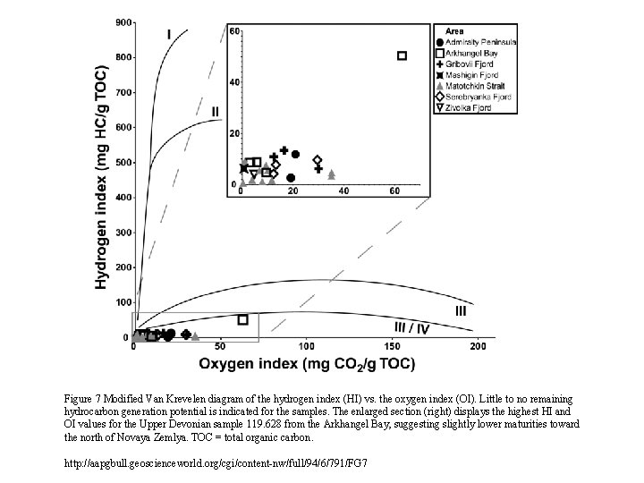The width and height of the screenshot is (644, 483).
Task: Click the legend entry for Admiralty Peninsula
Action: (x=479, y=42)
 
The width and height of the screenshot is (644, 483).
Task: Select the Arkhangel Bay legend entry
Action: (x=474, y=54)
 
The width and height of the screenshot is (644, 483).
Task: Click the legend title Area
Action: (x=455, y=31)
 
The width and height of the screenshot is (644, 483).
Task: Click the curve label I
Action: (x=169, y=34)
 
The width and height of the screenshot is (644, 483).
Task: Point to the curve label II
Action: (x=215, y=112)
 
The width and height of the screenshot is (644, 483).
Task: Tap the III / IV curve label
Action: (x=412, y=328)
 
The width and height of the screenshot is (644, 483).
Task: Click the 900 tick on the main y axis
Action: (x=123, y=21)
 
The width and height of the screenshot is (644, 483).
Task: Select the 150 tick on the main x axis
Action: (x=391, y=347)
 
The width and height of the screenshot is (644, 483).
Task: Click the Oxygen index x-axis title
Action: (x=307, y=363)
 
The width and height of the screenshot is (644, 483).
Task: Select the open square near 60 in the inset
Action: (x=402, y=55)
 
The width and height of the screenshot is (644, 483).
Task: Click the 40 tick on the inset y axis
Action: (x=235, y=82)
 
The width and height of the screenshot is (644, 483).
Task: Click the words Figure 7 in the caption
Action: (x=86, y=399)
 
